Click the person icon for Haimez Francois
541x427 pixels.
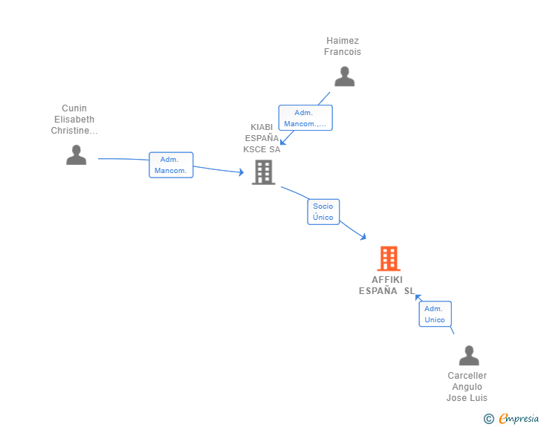point(344,76)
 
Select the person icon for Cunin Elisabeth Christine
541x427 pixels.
point(77,155)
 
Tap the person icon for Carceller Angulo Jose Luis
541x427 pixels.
point(469,355)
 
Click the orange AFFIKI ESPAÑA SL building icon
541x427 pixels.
point(389,258)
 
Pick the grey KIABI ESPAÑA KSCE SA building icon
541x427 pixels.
point(264,172)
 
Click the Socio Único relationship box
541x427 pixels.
point(323,212)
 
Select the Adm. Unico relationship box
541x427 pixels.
point(435,314)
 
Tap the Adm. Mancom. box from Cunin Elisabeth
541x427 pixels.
point(171,165)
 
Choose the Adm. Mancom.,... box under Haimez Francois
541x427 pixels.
point(305,118)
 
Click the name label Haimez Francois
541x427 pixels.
point(343,46)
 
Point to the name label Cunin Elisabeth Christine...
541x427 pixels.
point(74,120)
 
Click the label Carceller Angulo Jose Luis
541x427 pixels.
point(467,387)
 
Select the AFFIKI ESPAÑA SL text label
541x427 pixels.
point(386,285)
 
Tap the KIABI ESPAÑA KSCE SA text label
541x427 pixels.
point(262,138)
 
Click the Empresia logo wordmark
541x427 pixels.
point(519,418)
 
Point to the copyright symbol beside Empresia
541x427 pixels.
point(489,419)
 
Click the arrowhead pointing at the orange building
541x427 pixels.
point(363,237)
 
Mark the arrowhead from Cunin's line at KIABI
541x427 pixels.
point(242,172)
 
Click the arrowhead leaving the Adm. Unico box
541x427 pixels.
point(418,297)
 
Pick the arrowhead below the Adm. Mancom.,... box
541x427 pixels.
point(283,141)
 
